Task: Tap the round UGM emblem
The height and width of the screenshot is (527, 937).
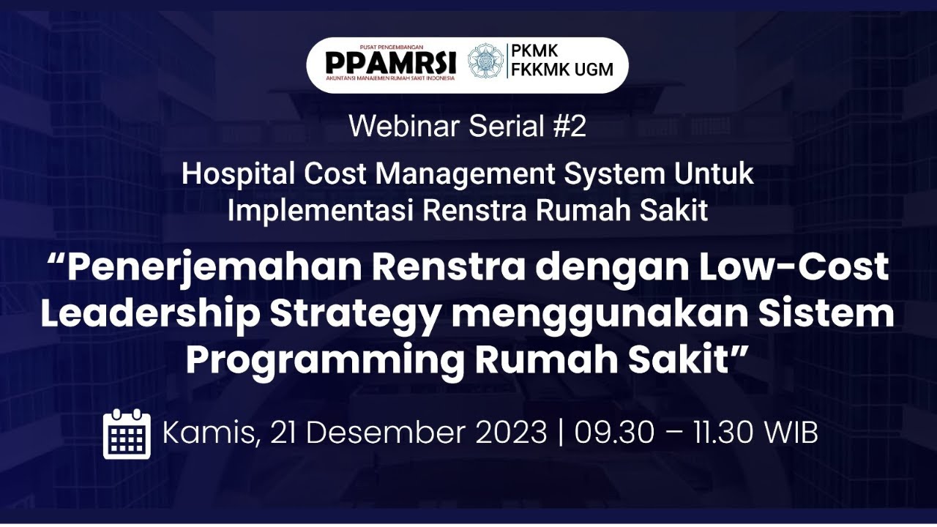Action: pos(485,61)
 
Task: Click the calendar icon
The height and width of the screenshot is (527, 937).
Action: pos(127,434)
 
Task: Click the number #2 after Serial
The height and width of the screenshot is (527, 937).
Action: pos(570,127)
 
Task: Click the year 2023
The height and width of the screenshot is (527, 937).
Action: pos(512,433)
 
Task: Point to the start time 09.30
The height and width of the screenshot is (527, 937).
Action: pos(613,433)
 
